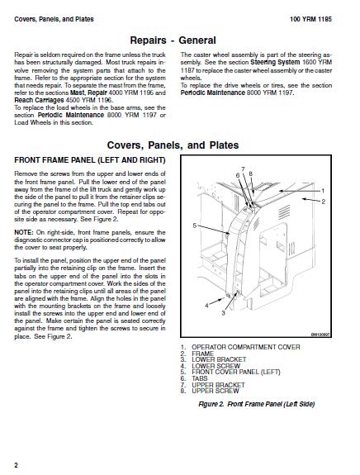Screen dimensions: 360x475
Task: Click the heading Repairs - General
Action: coord(173,40)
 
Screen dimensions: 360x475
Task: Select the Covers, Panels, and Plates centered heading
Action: coord(173,145)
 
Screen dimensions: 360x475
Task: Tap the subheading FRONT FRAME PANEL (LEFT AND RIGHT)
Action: coord(90,160)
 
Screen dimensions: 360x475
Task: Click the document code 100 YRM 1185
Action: coord(310,19)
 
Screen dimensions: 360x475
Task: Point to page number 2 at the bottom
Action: coord(17,465)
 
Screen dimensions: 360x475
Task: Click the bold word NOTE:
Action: coord(24,233)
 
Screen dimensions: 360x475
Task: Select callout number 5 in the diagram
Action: coord(195,226)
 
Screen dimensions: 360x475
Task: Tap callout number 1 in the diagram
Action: coord(323,191)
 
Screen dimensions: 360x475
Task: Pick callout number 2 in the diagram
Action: coord(324,202)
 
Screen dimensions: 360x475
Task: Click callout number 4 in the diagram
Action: coord(206,306)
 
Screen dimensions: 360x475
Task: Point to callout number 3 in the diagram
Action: coord(224,313)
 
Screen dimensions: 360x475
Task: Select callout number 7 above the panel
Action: coord(243,169)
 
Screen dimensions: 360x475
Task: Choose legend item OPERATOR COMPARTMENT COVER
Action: coord(246,347)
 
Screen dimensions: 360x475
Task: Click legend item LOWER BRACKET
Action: coord(219,359)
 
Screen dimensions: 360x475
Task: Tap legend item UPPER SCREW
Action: coord(216,391)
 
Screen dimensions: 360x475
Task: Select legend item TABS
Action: coord(200,378)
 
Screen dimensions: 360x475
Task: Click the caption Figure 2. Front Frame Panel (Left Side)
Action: coord(257,404)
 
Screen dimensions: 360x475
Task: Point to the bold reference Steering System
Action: coord(275,63)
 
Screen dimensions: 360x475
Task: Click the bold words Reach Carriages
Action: coord(39,100)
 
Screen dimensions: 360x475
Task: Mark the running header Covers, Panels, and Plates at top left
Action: coord(54,19)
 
